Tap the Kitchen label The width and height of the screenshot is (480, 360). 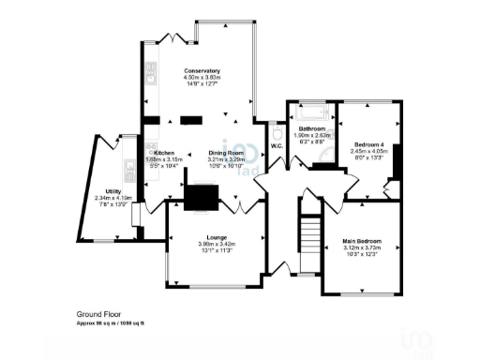(x=165, y=153)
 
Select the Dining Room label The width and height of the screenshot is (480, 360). (x=225, y=153)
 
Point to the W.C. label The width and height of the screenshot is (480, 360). (x=277, y=145)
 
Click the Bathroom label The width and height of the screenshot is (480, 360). (x=311, y=128)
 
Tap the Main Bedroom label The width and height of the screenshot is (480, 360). (x=362, y=239)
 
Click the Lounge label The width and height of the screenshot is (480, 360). (x=213, y=238)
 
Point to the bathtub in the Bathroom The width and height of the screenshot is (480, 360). (x=311, y=115)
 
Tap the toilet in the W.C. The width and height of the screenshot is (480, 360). (x=276, y=131)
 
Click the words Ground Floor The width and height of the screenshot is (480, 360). (x=97, y=314)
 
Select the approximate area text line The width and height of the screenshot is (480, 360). (x=116, y=322)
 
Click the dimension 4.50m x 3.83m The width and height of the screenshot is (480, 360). (x=202, y=79)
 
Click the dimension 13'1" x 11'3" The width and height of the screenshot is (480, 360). (x=213, y=251)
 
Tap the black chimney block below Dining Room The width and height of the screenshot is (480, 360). (x=201, y=197)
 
